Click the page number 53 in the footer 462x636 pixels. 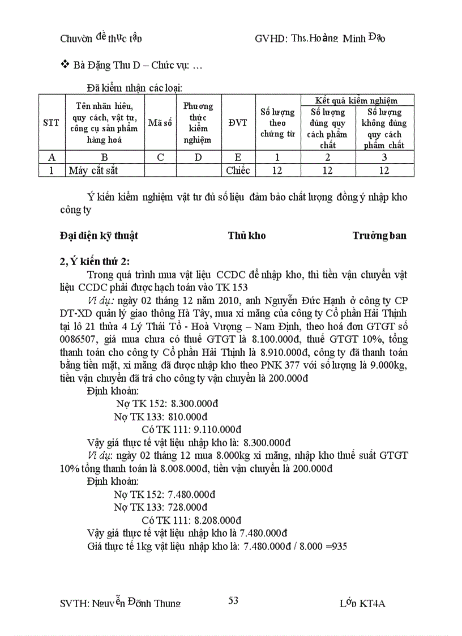pos(233,601)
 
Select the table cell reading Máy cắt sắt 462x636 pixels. pos(93,170)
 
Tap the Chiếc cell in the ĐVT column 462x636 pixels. pos(238,170)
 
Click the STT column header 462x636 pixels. pos(51,123)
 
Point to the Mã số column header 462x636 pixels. pos(160,123)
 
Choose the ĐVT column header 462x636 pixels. pos(238,123)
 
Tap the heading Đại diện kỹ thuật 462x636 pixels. pos(99,236)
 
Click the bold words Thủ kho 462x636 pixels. pos(247,236)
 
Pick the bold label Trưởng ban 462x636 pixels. pos(379,236)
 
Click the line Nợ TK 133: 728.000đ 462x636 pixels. pos(160,507)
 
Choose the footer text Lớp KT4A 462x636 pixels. pos(362,603)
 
